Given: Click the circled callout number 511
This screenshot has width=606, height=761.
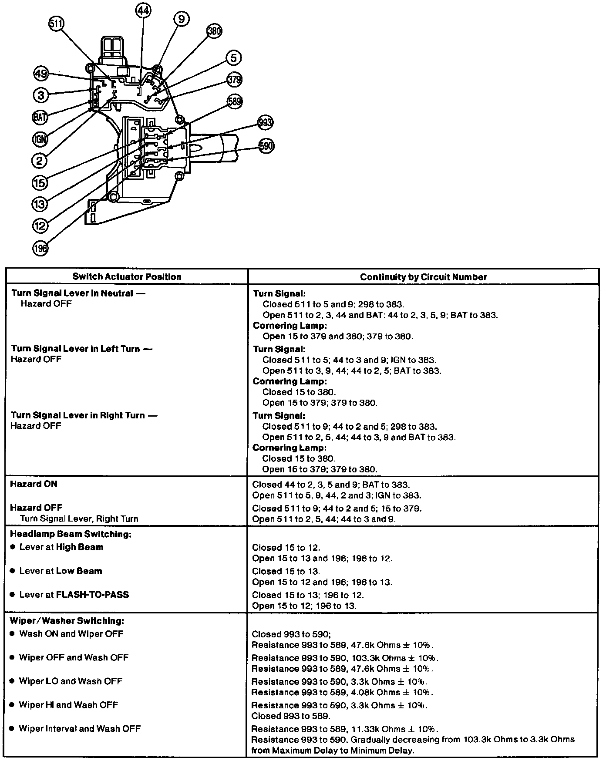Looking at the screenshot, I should point(56,24).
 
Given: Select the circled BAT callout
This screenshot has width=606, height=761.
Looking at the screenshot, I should point(40,117).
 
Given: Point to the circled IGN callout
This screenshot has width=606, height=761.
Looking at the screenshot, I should point(40,139).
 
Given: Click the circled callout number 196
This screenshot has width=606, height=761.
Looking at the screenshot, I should point(40,248).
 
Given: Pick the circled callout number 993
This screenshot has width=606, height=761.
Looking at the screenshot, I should point(265,123).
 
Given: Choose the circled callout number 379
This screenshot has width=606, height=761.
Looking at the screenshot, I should point(234,80).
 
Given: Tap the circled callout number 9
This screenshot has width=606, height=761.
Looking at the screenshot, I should point(181,19).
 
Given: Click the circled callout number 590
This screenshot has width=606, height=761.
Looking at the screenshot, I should point(266,145).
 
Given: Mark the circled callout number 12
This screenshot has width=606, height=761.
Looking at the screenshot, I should point(40,226).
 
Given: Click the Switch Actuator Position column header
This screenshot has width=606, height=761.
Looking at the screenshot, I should point(127,277).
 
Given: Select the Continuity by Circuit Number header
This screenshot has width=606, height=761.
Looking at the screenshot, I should point(423,277).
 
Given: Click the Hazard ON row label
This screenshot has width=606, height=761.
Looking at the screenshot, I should point(34,484).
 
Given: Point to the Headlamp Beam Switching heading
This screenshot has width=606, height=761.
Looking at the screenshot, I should point(71,534).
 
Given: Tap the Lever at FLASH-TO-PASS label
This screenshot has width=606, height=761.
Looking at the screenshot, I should point(74,595).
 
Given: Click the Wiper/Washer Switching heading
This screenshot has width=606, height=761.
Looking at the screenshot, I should point(67,621).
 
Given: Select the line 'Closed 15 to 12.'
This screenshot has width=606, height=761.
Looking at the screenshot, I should point(286,548).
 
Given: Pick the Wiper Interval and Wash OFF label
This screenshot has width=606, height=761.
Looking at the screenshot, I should point(80,729).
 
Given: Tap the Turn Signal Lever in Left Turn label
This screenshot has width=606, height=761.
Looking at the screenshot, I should point(81,349).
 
